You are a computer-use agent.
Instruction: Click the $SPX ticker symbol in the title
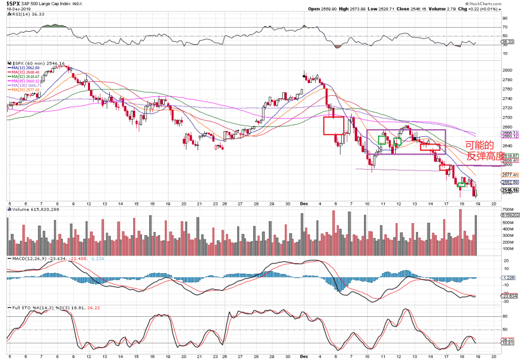point(15,3)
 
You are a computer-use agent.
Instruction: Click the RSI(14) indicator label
point(23,15)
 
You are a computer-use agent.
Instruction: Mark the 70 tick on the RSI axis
point(504,26)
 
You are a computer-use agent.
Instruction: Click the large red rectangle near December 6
point(333,125)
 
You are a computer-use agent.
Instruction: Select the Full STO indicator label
point(28,307)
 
